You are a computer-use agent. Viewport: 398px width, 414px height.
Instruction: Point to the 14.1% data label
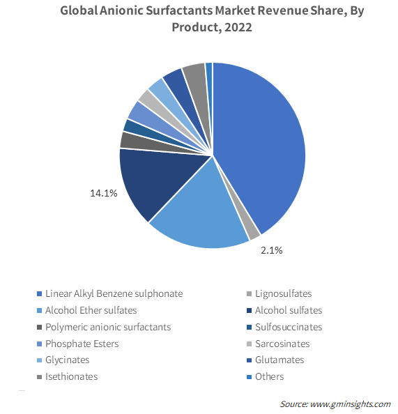coord(104,193)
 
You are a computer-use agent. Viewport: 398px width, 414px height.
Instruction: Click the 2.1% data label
coord(272,250)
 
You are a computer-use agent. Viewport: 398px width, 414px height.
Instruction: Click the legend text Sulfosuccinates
coord(289,327)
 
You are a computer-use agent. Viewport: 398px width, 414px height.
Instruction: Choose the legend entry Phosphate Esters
coord(82,344)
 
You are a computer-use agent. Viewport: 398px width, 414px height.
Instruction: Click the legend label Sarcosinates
coord(282,344)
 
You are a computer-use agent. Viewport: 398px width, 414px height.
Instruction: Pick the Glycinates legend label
coord(68,360)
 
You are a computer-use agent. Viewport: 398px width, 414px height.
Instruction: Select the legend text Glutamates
coord(280,360)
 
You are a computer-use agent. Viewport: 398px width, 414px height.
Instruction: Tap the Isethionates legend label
coord(71,376)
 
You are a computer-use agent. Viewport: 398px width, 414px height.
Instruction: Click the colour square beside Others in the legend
coord(249,377)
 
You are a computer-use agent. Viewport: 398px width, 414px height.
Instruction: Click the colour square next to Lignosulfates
coord(249,294)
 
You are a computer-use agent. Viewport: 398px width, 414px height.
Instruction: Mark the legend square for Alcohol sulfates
coord(249,311)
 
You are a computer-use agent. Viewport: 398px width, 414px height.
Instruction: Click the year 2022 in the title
coord(238,27)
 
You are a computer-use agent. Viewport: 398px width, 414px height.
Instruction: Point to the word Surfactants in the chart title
coord(179,11)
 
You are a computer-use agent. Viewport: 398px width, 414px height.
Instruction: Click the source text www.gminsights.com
coord(350,404)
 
